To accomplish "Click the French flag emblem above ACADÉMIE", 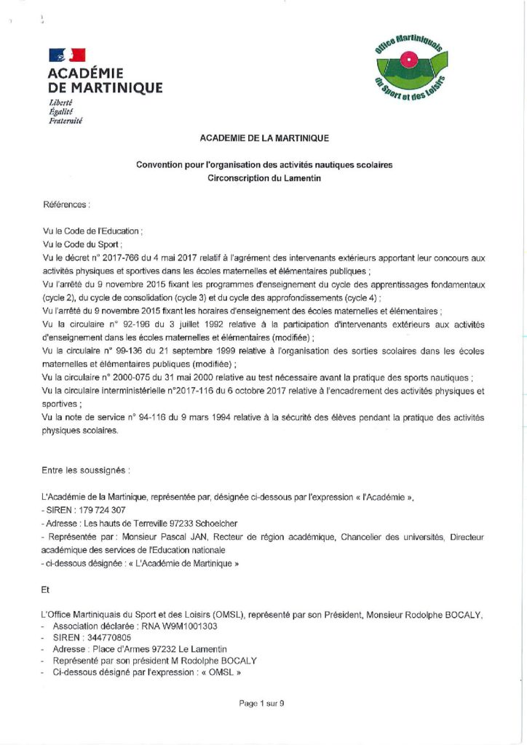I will tap(67, 55).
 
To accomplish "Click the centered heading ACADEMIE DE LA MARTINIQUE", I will tap(263, 137).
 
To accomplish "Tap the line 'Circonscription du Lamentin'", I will tap(263, 178).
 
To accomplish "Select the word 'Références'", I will tap(66, 205).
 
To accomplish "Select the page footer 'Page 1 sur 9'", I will tap(262, 703).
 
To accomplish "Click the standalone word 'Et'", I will tap(47, 591).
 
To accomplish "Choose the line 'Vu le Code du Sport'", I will tap(82, 244).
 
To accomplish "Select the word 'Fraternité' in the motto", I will tap(66, 121).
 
